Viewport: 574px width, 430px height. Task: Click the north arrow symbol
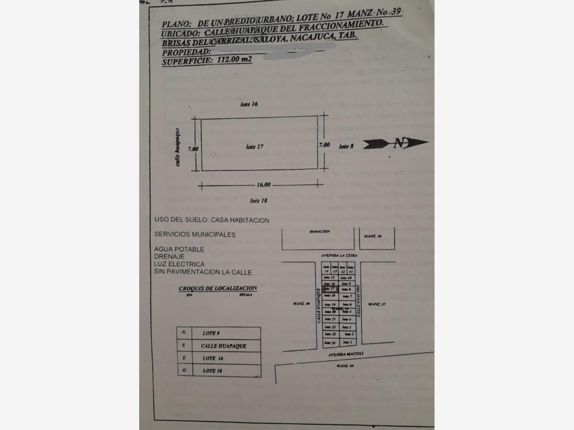pyautogui.click(x=395, y=143)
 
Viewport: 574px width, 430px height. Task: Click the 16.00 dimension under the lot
pyautogui.click(x=263, y=185)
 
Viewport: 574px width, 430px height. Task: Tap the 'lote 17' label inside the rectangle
pyautogui.click(x=254, y=147)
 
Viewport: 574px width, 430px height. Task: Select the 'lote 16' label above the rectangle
pyautogui.click(x=249, y=104)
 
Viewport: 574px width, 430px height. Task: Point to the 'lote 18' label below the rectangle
pyautogui.click(x=258, y=201)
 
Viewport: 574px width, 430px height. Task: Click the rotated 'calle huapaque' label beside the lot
pyautogui.click(x=178, y=147)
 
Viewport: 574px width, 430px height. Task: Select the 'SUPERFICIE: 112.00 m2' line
pyautogui.click(x=207, y=61)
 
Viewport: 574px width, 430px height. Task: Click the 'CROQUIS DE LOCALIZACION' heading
pyautogui.click(x=218, y=288)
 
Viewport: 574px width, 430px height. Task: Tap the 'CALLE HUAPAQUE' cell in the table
pyautogui.click(x=223, y=345)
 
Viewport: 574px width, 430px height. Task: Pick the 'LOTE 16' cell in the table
pyautogui.click(x=212, y=358)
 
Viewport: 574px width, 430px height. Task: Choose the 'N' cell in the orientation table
pyautogui.click(x=184, y=333)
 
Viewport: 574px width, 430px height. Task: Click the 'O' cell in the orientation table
pyautogui.click(x=184, y=370)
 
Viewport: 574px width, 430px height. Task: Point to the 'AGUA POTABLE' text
pyautogui.click(x=179, y=249)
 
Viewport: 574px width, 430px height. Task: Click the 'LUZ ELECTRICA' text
pyautogui.click(x=179, y=264)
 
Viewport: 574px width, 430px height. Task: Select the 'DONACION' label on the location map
pyautogui.click(x=320, y=231)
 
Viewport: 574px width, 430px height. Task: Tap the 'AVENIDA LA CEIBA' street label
pyautogui.click(x=339, y=256)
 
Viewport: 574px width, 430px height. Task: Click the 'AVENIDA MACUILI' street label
pyautogui.click(x=344, y=355)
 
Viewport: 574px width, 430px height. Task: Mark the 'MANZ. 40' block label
pyautogui.click(x=301, y=304)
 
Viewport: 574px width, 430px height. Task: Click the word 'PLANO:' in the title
pyautogui.click(x=177, y=23)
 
